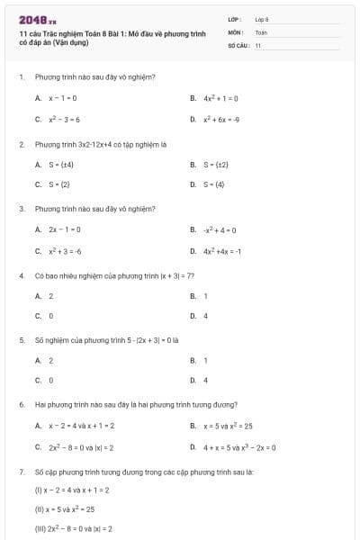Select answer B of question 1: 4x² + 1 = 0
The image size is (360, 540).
tap(220, 97)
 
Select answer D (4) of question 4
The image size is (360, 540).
tap(204, 316)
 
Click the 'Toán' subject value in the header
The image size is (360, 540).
tap(261, 31)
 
